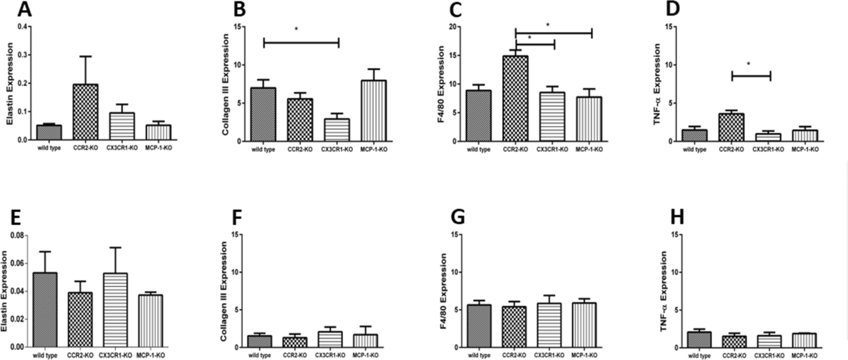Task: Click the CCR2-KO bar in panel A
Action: click(x=85, y=112)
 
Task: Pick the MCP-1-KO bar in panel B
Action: click(x=374, y=111)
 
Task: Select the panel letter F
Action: click(x=237, y=218)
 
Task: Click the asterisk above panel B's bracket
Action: click(x=297, y=29)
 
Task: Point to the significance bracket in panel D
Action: click(x=751, y=76)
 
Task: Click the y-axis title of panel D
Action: click(x=657, y=85)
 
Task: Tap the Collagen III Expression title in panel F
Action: click(x=225, y=292)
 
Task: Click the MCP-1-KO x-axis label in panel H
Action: click(x=804, y=356)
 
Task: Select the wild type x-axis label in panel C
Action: click(x=479, y=149)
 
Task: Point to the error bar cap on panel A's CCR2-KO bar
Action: click(x=85, y=57)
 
